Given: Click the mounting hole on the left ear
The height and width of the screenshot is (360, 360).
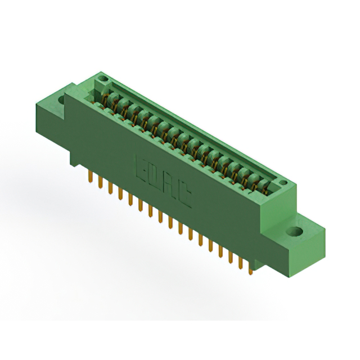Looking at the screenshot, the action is (x=62, y=99).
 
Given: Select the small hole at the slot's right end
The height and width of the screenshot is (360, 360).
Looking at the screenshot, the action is (x=283, y=183).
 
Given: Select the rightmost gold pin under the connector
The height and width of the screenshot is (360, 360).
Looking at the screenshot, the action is (x=251, y=269).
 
